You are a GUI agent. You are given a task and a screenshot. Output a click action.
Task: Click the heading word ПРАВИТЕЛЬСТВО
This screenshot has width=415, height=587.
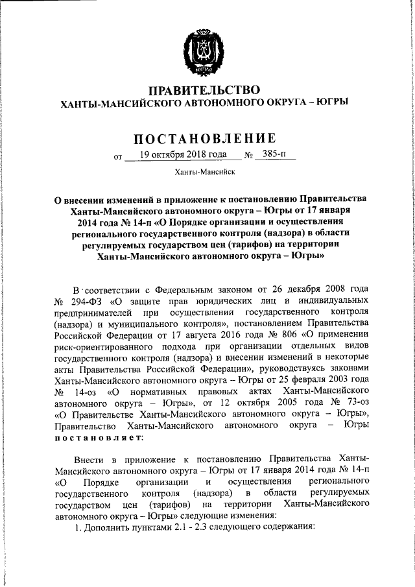[x=204, y=89]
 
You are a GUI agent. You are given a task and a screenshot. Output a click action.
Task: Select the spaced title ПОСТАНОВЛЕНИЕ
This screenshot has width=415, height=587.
[x=204, y=138]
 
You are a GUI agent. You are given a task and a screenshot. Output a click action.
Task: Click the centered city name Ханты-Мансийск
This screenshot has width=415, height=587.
[x=204, y=173]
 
